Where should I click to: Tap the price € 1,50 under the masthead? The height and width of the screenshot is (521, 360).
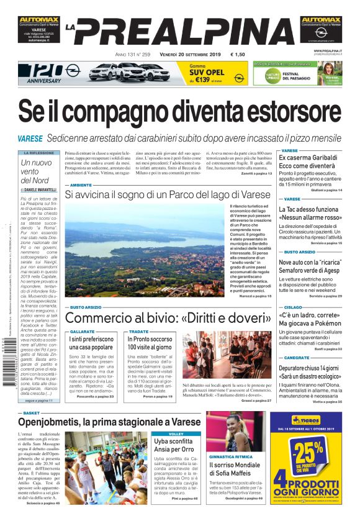(x=237, y=55)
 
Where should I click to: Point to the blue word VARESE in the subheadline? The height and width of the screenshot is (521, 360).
(x=30, y=138)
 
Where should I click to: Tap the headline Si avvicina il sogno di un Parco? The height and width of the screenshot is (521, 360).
(x=168, y=195)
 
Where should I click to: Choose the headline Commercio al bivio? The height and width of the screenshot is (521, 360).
(x=168, y=318)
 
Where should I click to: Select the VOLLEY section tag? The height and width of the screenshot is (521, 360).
(x=176, y=433)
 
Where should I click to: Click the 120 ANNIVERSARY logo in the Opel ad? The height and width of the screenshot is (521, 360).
(x=38, y=73)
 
